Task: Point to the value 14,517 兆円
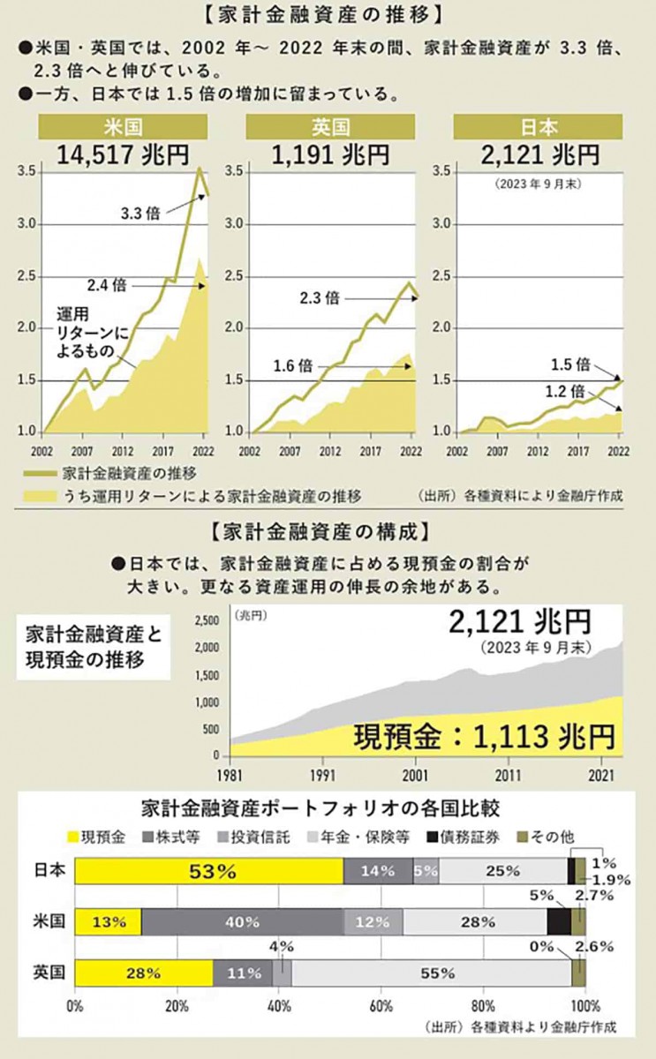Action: pos(123,155)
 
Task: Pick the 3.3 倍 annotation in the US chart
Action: pos(140,213)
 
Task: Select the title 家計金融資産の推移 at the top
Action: pos(328,15)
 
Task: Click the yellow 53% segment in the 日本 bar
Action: pos(209,871)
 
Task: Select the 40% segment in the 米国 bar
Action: pos(241,922)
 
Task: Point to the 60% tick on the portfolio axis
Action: pos(381,1005)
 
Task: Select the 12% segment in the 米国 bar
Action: pos(373,922)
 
